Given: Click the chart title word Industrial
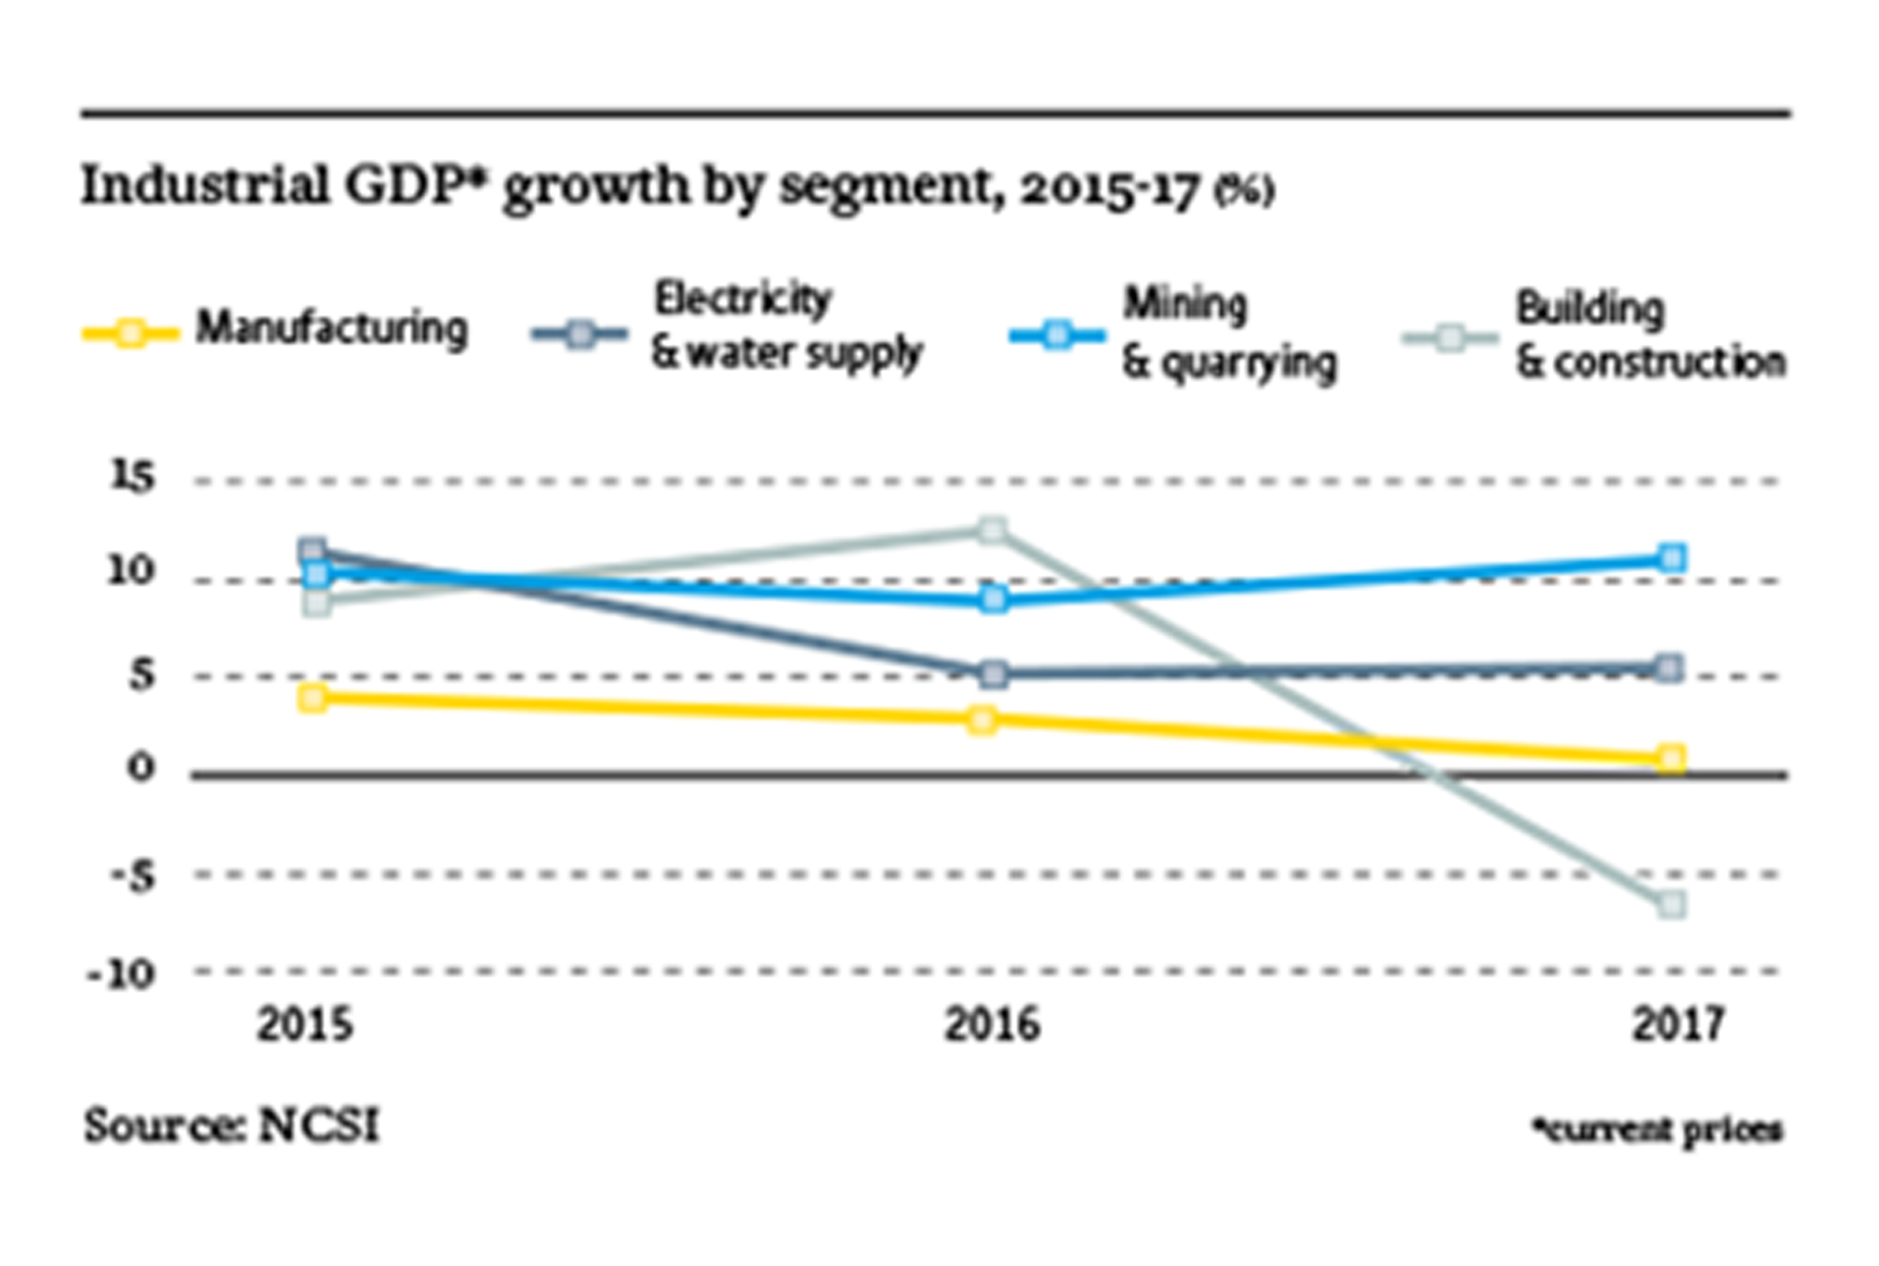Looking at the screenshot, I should pyautogui.click(x=205, y=185).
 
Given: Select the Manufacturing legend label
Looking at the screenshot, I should pyautogui.click(x=332, y=328).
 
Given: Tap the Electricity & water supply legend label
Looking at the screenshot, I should pyautogui.click(x=786, y=327).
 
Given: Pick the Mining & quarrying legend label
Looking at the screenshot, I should pyautogui.click(x=1228, y=333).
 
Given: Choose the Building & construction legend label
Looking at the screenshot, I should pyautogui.click(x=1650, y=335).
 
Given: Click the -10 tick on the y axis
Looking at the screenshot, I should pyautogui.click(x=121, y=976).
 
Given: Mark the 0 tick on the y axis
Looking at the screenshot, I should pyautogui.click(x=141, y=768).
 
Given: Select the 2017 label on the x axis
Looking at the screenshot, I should pyautogui.click(x=1678, y=1025).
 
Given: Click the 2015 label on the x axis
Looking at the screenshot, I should pyautogui.click(x=305, y=1025).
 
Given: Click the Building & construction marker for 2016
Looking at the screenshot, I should pyautogui.click(x=992, y=530).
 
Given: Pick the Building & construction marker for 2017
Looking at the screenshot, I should pyautogui.click(x=1672, y=904).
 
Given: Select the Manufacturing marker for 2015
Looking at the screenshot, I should pyautogui.click(x=313, y=698).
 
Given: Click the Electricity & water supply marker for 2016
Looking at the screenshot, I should pyautogui.click(x=995, y=674).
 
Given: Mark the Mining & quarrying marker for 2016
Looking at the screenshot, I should pyautogui.click(x=995, y=599).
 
